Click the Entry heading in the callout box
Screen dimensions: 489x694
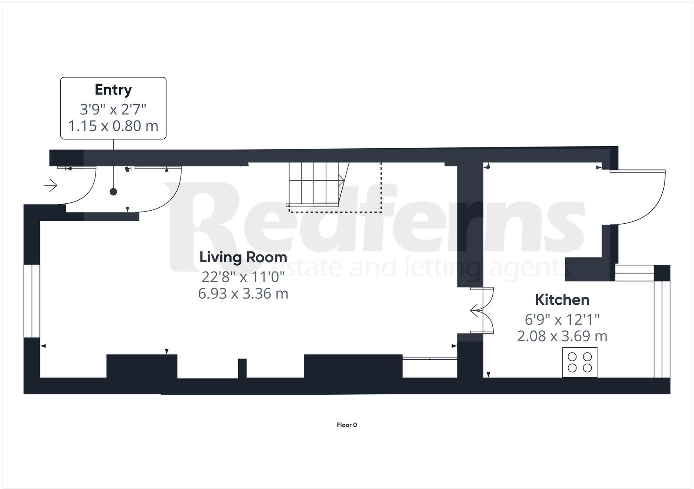click(113, 90)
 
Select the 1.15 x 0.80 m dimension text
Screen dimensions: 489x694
click(113, 126)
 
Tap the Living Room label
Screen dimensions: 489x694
click(243, 257)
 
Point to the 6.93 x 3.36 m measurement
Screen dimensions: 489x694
click(243, 293)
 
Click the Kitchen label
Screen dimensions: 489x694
click(562, 300)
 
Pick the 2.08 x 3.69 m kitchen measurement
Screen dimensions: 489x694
click(562, 336)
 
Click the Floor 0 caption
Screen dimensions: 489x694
click(347, 425)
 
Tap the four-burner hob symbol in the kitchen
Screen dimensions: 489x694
click(579, 362)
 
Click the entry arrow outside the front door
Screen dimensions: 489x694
click(51, 186)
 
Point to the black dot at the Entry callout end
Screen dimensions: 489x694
click(113, 192)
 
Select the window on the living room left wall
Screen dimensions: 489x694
click(32, 300)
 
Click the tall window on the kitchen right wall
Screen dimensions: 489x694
click(662, 329)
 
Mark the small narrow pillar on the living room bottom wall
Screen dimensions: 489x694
click(242, 368)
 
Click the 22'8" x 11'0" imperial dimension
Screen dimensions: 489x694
click(243, 276)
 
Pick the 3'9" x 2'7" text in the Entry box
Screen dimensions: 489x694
click(113, 108)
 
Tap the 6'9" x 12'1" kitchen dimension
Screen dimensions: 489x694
click(562, 319)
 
